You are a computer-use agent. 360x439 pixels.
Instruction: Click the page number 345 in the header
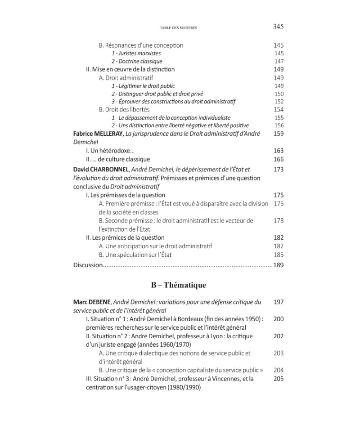point(278,27)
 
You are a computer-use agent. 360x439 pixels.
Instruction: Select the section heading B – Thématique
point(178,285)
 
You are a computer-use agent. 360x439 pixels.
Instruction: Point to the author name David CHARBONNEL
point(101,169)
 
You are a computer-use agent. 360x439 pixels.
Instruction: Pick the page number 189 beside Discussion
point(279,265)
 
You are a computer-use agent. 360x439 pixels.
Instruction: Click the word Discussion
point(88,265)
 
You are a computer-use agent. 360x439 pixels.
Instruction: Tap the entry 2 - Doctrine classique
point(137,61)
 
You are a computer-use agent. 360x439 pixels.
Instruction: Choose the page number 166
point(279,159)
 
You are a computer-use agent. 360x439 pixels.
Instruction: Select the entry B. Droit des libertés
point(124,109)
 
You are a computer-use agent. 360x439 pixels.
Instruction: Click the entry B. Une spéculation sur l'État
point(135,255)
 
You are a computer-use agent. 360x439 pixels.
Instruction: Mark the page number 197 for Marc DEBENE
point(279,302)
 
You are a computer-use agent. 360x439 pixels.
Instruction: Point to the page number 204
point(279,370)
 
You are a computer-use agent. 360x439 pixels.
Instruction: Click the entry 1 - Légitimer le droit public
point(143,85)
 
